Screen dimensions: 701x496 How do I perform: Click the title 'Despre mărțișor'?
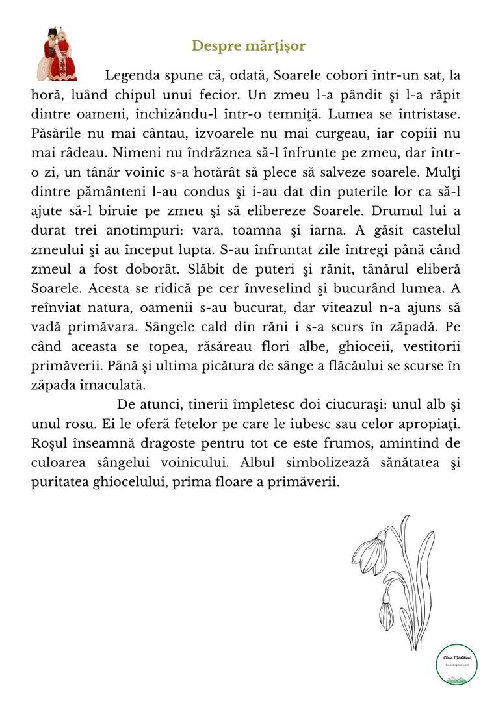248,46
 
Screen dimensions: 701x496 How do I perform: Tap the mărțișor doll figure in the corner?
57,53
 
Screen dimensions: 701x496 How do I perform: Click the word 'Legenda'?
132,75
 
